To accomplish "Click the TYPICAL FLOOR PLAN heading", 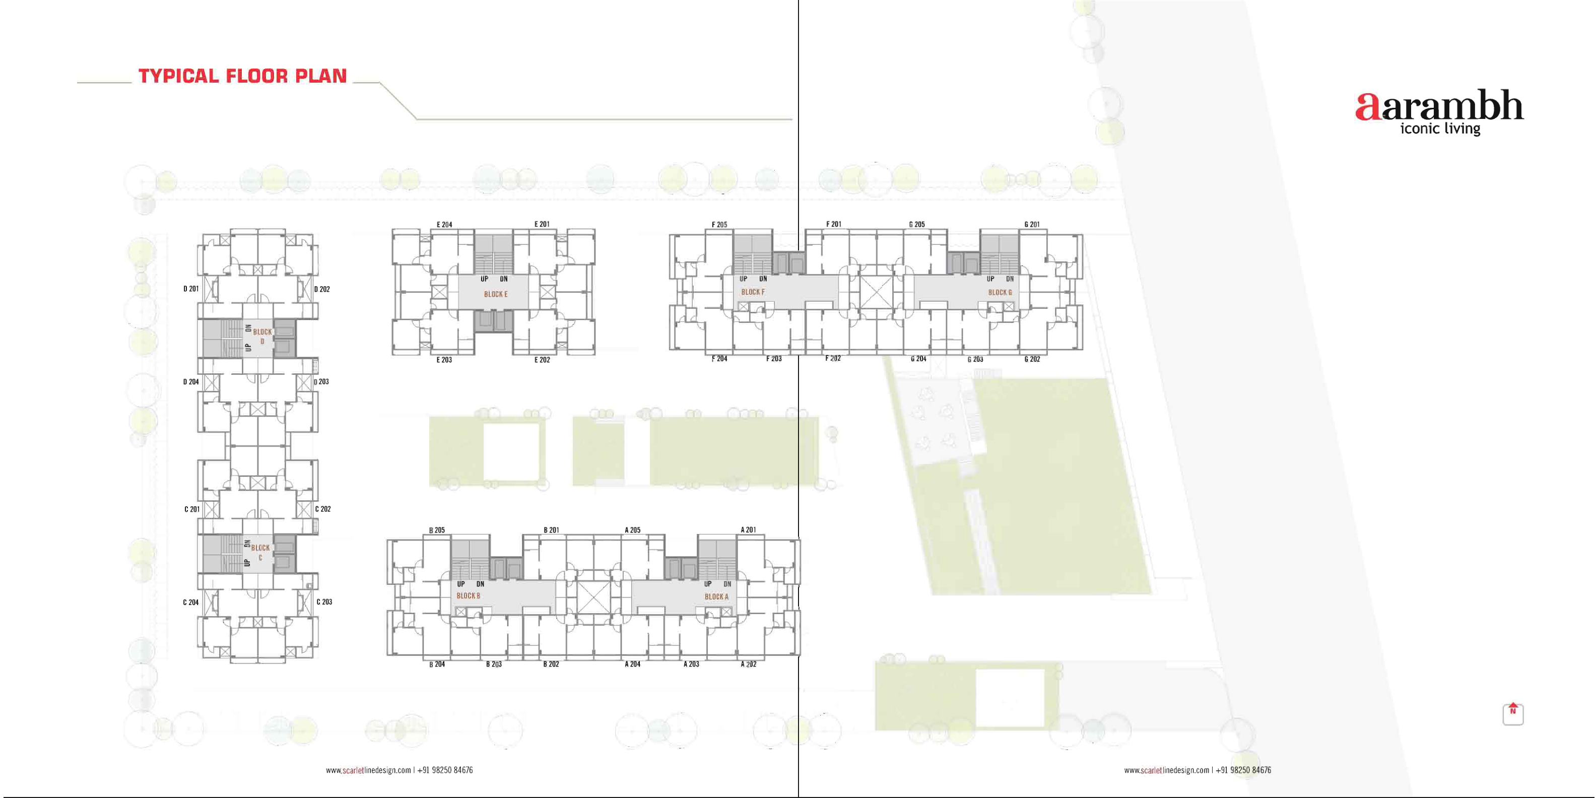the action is point(242,76).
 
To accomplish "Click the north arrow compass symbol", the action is point(1513,713).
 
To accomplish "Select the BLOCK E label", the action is point(496,294).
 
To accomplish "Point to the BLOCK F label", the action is point(753,292).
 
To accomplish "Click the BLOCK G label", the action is point(1000,292).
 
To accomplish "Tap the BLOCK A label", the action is point(716,596).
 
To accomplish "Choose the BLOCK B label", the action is point(469,596).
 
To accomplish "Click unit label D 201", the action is point(191,289).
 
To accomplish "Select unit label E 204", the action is point(444,224).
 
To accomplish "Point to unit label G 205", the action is point(917,224).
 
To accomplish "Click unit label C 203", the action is point(324,602).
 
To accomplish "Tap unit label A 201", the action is point(749,529).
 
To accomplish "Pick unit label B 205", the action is point(437,530).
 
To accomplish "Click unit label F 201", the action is point(833,224).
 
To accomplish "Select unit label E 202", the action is point(542,360).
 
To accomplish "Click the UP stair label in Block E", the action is point(485,279).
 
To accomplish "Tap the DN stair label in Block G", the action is point(1010,279).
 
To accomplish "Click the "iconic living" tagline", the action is point(1440,129).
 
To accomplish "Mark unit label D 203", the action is point(321,382).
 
